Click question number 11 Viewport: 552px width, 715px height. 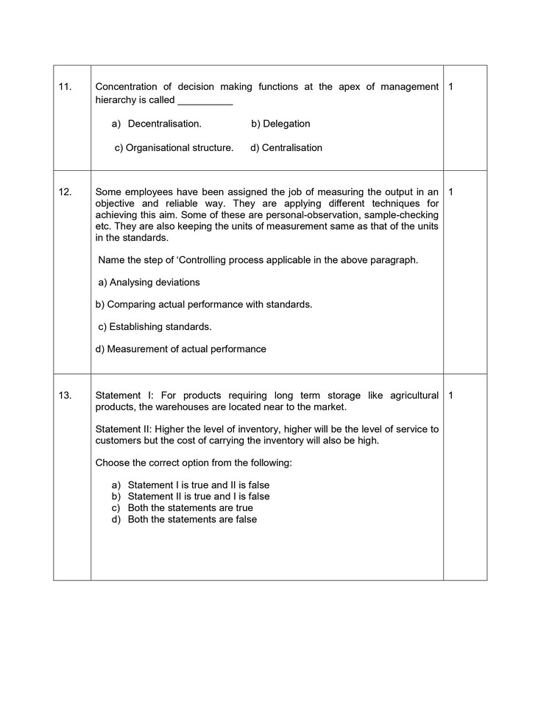pos(65,87)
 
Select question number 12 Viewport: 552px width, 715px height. pos(65,191)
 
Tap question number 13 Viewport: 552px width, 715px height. pos(65,395)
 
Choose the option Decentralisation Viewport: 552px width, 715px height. pos(164,124)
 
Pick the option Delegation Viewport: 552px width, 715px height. pos(280,124)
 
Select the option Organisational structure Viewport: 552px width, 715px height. pos(179,147)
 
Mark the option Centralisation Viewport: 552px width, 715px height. pos(286,147)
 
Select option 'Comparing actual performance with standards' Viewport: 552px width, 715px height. pos(204,304)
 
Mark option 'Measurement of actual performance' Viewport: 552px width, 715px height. pos(181,349)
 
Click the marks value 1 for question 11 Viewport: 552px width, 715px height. pos(450,87)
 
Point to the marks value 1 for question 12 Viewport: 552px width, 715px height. pos(450,191)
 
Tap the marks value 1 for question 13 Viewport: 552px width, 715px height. pos(450,395)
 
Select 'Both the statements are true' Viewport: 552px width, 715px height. pos(190,508)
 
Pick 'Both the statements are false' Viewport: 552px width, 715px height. pos(192,519)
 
